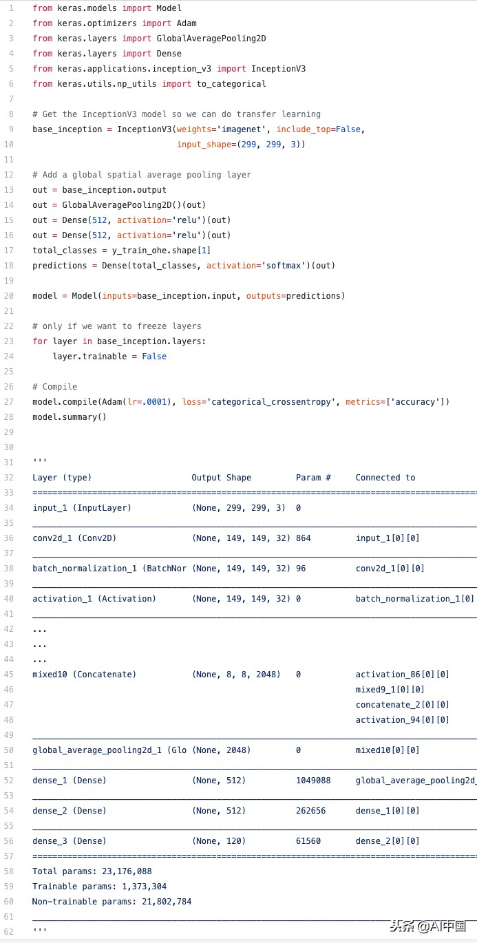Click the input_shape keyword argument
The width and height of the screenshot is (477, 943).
click(204, 145)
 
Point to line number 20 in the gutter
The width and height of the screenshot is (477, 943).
click(9, 296)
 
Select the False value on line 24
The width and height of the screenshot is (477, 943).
click(154, 357)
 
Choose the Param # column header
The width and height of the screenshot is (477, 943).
click(313, 478)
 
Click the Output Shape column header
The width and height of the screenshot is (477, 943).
click(222, 478)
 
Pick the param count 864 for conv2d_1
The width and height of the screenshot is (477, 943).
click(304, 538)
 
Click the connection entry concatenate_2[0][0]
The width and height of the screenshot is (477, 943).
click(403, 705)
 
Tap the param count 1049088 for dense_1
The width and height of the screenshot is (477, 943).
click(313, 781)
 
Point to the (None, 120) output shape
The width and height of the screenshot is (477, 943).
click(219, 841)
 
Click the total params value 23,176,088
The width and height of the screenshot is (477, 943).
click(123, 871)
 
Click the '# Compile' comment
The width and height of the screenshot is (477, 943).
click(55, 387)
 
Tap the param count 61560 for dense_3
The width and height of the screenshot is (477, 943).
click(308, 841)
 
